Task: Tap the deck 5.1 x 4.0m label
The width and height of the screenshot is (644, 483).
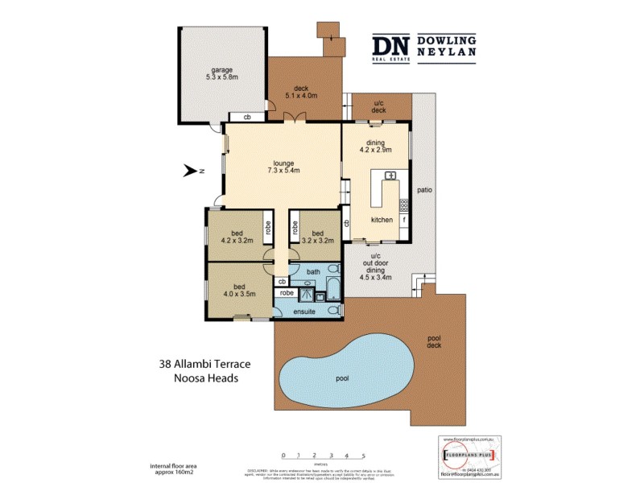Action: tap(302, 91)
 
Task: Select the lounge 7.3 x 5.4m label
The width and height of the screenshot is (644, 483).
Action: tap(283, 167)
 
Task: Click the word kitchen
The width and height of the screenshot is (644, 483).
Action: tap(382, 220)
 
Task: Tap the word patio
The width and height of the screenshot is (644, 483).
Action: tap(424, 191)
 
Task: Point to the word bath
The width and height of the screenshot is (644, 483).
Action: tap(312, 273)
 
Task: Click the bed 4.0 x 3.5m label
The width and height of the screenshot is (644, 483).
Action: tap(239, 290)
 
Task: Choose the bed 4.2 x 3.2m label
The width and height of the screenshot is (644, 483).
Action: tap(237, 235)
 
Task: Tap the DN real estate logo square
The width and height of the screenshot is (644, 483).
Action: tap(391, 47)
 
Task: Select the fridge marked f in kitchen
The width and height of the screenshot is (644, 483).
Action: tap(403, 219)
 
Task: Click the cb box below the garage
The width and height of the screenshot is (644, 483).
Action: tap(247, 118)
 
